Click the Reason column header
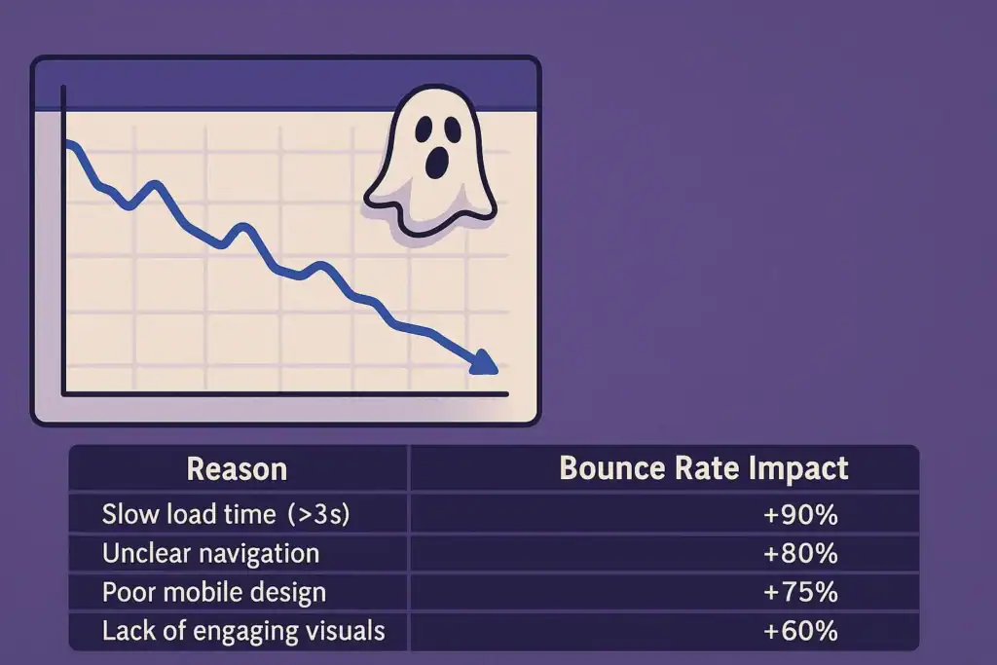tap(237, 469)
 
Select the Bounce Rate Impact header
tap(704, 469)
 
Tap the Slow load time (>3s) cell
tap(226, 514)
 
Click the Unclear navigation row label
tap(210, 554)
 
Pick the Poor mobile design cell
tap(213, 593)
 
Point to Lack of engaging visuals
tap(243, 631)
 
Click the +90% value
tap(800, 514)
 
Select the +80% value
tap(800, 554)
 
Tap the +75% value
tap(800, 593)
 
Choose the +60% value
tap(800, 631)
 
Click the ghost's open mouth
tap(436, 163)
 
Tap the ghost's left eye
tap(424, 129)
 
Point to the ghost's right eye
tap(453, 129)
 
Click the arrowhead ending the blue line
tap(485, 363)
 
